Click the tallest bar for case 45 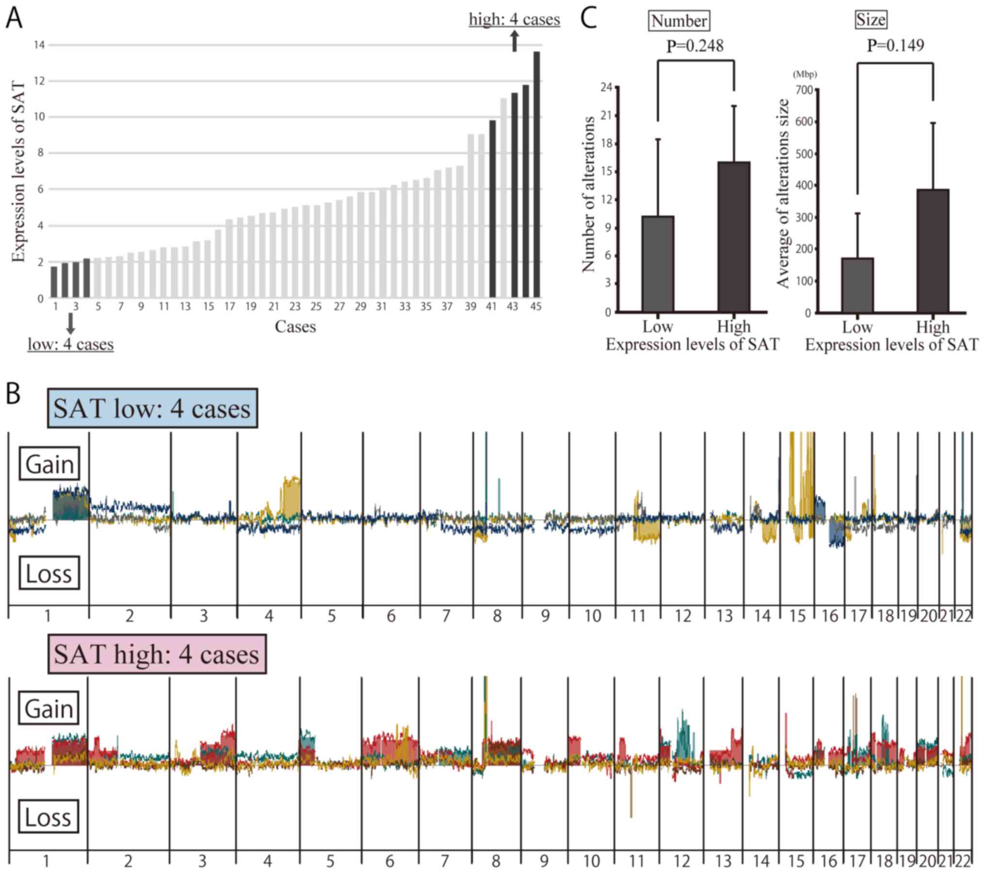pos(536,175)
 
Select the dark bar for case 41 pos(492,209)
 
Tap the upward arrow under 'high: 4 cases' pos(515,41)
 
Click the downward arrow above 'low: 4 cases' pos(71,323)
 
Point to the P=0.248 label pos(694,46)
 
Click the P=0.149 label pos(895,46)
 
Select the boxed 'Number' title pos(679,21)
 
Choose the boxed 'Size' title pos(871,20)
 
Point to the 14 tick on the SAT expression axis pos(39,45)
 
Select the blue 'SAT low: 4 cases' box pos(152,408)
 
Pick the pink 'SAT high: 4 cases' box pos(157,654)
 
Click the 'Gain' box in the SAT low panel pos(49,464)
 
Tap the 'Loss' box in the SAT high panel pos(48,817)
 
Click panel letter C pos(588,19)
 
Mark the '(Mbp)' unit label pos(805,74)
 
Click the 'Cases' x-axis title pos(295,327)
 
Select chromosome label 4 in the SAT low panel pos(269,616)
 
